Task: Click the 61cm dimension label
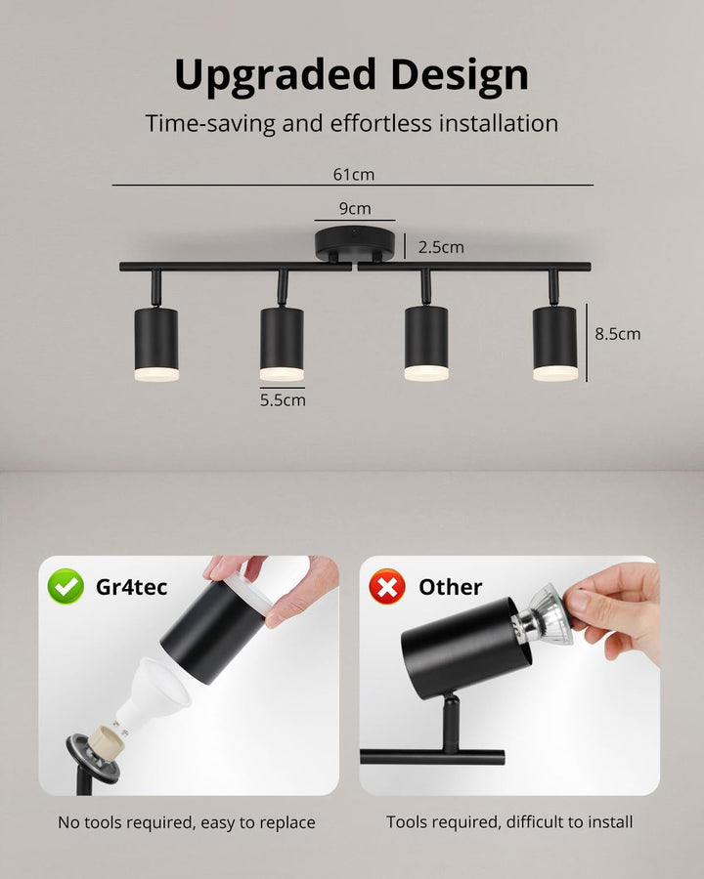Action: click(x=354, y=175)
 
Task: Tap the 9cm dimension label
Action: click(x=355, y=209)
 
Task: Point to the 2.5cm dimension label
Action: click(x=441, y=247)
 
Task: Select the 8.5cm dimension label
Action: click(x=618, y=334)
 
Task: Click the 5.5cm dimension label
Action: click(x=283, y=400)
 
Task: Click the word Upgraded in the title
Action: click(x=275, y=75)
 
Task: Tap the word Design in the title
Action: click(x=460, y=75)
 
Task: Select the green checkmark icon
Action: click(x=66, y=586)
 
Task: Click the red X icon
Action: click(x=387, y=586)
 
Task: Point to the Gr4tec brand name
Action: click(x=131, y=587)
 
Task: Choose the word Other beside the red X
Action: click(x=450, y=587)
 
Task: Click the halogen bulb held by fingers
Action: click(x=543, y=615)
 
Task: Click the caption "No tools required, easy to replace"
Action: click(x=187, y=822)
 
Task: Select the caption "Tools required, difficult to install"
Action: click(x=509, y=822)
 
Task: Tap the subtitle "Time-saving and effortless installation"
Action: click(x=351, y=124)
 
